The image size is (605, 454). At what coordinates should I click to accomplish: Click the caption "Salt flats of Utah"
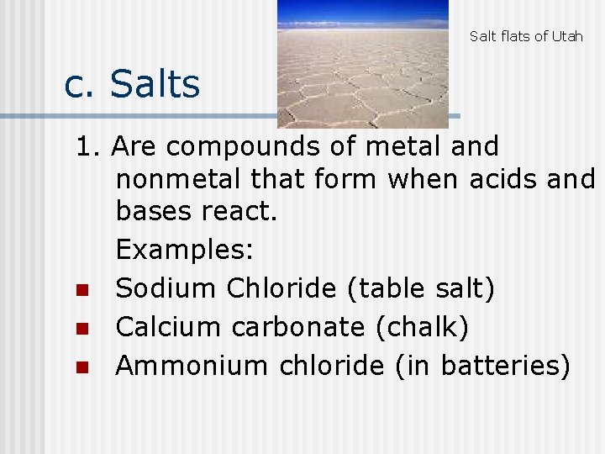point(526,36)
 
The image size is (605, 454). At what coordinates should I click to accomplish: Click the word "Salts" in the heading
point(155,85)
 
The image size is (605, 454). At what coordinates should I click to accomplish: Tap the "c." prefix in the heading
point(82,85)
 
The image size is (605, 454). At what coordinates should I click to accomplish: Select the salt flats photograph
point(363,63)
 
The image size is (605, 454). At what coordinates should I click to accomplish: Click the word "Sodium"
point(166,288)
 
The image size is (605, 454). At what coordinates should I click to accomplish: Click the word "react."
point(239,212)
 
